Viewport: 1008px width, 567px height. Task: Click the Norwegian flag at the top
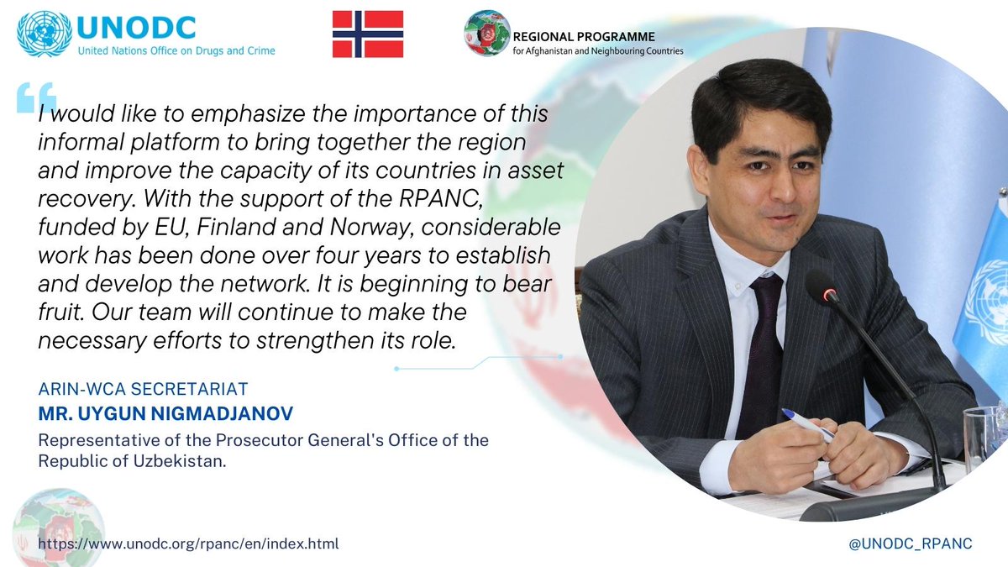coord(367,34)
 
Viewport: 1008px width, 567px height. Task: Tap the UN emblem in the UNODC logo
coord(45,34)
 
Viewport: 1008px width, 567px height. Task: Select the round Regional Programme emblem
coord(486,34)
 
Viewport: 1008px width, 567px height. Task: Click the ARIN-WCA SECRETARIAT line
coord(144,390)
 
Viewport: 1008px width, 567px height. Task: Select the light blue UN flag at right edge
coord(983,286)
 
